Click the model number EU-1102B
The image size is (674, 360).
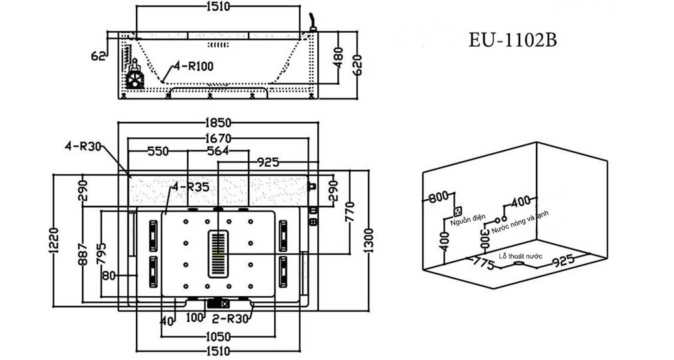512,41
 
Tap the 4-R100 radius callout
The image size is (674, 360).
193,67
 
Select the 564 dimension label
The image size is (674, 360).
218,151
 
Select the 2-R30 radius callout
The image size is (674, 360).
235,319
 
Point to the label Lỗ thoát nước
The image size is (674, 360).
525,255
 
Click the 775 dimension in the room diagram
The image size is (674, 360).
485,265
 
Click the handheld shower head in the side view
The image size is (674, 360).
313,19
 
